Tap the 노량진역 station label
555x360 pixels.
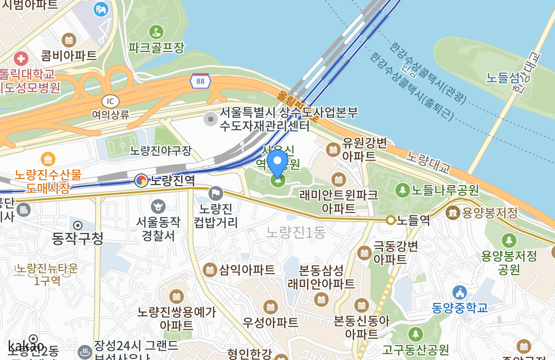172,181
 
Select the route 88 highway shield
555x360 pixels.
200,81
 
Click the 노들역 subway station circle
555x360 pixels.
391,220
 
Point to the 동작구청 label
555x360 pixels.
78,238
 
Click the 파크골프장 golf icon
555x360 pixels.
156,32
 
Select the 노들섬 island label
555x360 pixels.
503,78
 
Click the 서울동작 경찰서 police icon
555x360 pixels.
158,207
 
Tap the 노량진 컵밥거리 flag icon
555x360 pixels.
216,193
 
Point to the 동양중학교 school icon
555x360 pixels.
459,293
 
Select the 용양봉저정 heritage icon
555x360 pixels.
453,212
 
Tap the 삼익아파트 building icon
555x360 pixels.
210,269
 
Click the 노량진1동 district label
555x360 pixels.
296,232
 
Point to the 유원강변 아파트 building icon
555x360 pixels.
333,150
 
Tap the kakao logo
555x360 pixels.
26,346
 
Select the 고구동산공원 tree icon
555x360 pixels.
415,334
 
